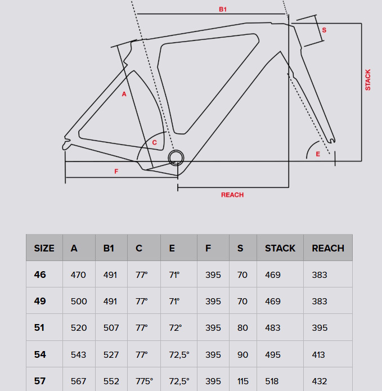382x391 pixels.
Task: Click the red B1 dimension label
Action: point(223,10)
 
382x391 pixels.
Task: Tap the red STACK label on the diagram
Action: point(368,80)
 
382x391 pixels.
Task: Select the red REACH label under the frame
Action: point(232,195)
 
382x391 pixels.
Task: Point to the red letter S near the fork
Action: point(324,29)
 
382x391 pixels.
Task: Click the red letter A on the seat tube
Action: point(124,94)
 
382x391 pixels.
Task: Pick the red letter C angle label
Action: point(154,142)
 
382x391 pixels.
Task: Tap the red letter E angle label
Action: point(318,154)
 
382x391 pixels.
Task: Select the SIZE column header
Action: point(44,248)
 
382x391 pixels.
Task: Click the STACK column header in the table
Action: point(280,248)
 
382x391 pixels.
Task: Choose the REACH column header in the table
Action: point(328,248)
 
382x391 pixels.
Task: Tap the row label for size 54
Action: point(40,354)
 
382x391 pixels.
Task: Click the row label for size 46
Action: point(40,275)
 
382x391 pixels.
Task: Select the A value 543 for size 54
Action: point(79,354)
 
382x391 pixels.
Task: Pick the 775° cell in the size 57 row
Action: point(144,381)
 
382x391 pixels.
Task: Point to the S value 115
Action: point(242,381)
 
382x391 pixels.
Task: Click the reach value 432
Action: point(320,381)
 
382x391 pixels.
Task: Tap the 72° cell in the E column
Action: point(176,328)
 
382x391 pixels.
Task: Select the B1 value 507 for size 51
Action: point(111,328)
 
